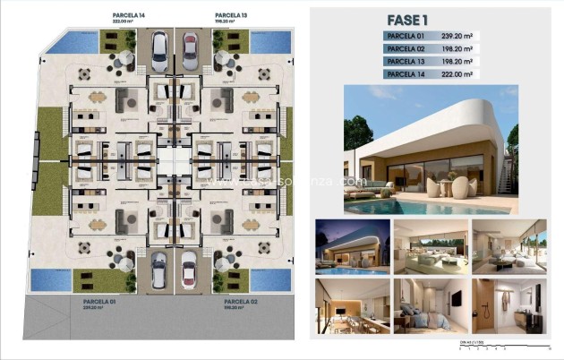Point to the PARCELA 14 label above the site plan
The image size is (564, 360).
click(129, 15)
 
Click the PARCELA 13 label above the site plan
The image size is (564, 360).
click(230, 15)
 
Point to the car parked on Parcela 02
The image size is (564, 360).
click(188, 268)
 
